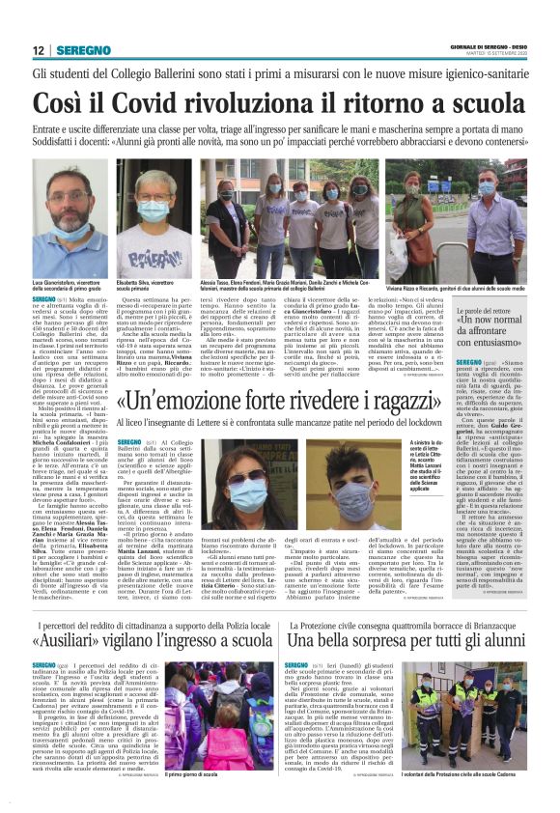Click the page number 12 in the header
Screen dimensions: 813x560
click(x=38, y=49)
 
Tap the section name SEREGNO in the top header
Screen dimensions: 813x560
click(x=80, y=50)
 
